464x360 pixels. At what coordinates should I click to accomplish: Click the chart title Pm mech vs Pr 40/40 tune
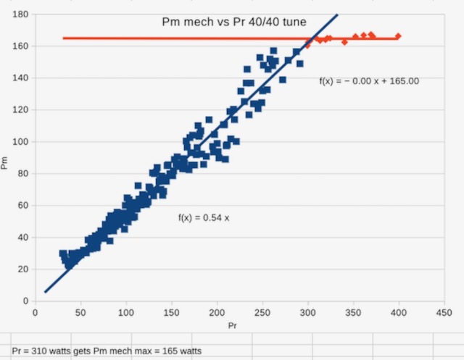tap(233, 22)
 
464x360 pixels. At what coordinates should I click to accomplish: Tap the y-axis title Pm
tap(6, 164)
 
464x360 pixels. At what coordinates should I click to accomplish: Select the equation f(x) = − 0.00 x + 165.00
tap(368, 81)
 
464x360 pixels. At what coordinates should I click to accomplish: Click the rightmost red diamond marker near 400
tap(398, 36)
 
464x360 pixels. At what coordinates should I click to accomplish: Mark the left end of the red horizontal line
tap(64, 38)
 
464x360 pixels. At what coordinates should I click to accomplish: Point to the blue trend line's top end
tap(337, 14)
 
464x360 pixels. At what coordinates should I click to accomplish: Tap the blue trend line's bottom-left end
tap(45, 292)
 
